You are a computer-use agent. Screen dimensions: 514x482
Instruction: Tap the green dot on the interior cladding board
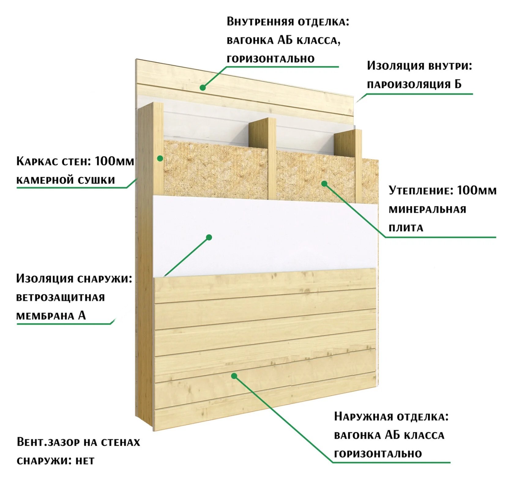tap(203, 88)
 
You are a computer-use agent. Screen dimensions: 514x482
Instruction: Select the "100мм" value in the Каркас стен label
tap(115, 161)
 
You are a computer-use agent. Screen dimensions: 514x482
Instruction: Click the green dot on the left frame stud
tap(160, 158)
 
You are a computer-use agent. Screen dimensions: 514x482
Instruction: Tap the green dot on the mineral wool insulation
tap(324, 183)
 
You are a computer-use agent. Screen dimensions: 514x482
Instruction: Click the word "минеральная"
tap(427, 210)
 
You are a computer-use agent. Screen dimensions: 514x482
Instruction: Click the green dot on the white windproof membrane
tap(209, 237)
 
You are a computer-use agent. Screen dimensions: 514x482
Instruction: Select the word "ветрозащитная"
tap(61, 297)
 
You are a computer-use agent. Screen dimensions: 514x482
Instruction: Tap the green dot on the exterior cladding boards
tap(234, 376)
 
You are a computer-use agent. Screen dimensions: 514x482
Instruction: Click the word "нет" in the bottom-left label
tap(85, 461)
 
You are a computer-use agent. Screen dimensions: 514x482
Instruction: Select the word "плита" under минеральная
tap(406, 228)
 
